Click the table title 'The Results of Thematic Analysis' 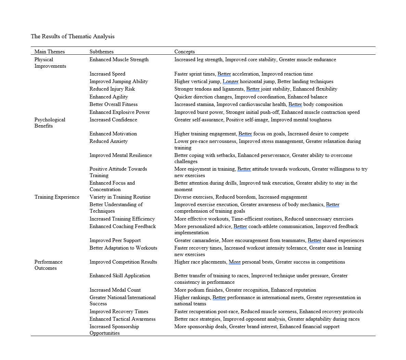[x=73, y=37]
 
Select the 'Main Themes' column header [x=50, y=52]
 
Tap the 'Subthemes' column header [x=102, y=52]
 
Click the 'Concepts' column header [x=184, y=52]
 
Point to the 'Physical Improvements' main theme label [x=50, y=63]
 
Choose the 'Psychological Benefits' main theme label [x=50, y=123]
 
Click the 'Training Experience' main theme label [x=57, y=197]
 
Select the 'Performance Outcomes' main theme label [x=48, y=265]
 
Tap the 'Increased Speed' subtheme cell [x=107, y=74]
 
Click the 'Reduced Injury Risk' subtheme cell [x=112, y=89]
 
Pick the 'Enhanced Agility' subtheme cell [x=109, y=97]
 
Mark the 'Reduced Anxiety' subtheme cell [x=108, y=141]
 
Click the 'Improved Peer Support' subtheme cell [x=115, y=240]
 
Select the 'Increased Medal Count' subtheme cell [x=115, y=290]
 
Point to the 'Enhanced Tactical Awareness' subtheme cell [x=122, y=319]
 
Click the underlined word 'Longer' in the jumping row [x=231, y=81]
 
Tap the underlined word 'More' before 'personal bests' [x=235, y=262]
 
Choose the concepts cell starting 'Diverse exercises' [x=240, y=197]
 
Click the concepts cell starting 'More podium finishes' [x=245, y=290]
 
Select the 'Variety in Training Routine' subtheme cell [x=120, y=197]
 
